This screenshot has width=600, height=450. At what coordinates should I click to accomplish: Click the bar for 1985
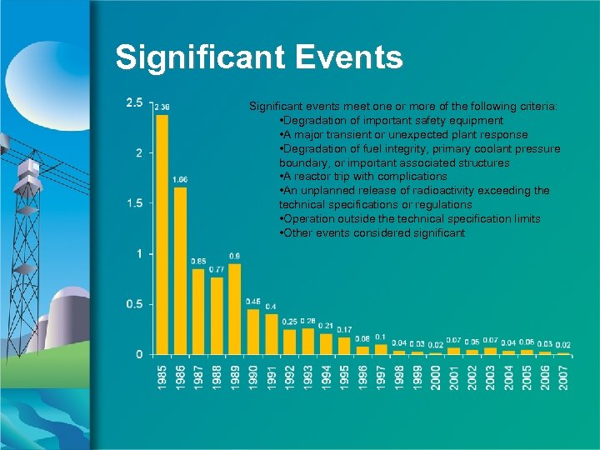tap(162, 234)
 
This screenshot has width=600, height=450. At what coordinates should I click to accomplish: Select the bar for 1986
tap(180, 271)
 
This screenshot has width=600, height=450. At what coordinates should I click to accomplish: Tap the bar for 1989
tap(234, 309)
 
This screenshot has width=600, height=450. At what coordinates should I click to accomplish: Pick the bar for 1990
tap(252, 332)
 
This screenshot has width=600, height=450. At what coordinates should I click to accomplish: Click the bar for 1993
tap(307, 341)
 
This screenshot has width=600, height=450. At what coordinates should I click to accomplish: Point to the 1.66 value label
tap(180, 180)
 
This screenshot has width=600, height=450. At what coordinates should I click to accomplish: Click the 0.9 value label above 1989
tap(235, 256)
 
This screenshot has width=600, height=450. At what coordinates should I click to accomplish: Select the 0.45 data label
tap(253, 301)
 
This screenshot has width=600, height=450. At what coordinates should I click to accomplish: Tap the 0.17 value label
tap(344, 329)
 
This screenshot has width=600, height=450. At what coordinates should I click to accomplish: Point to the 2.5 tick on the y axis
tap(133, 102)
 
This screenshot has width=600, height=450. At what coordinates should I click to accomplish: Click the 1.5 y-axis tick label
tap(133, 203)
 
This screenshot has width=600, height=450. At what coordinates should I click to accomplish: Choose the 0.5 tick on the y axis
tap(133, 304)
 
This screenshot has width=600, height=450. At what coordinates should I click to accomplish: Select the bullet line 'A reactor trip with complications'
tap(363, 177)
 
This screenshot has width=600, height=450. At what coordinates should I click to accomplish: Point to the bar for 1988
tap(217, 316)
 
